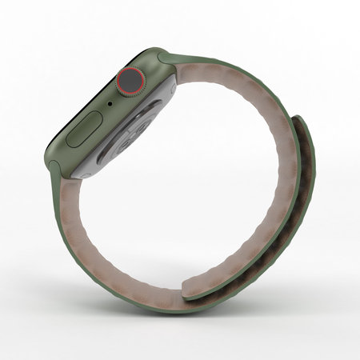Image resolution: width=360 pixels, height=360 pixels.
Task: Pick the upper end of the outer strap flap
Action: click(x=298, y=120)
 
